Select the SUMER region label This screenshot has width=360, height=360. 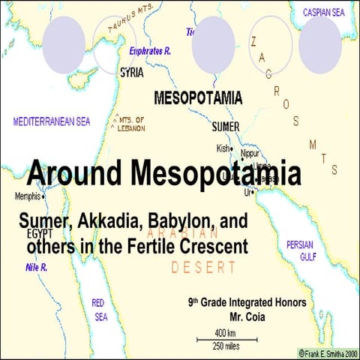pyautogui.click(x=226, y=126)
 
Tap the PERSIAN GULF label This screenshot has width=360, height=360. pyautogui.click(x=304, y=250)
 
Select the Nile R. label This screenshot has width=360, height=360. pyautogui.click(x=37, y=265)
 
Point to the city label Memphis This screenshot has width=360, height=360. pyautogui.click(x=28, y=196)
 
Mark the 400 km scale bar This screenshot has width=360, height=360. pyautogui.click(x=225, y=339)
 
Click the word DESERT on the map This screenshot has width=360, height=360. pyautogui.click(x=203, y=266)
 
